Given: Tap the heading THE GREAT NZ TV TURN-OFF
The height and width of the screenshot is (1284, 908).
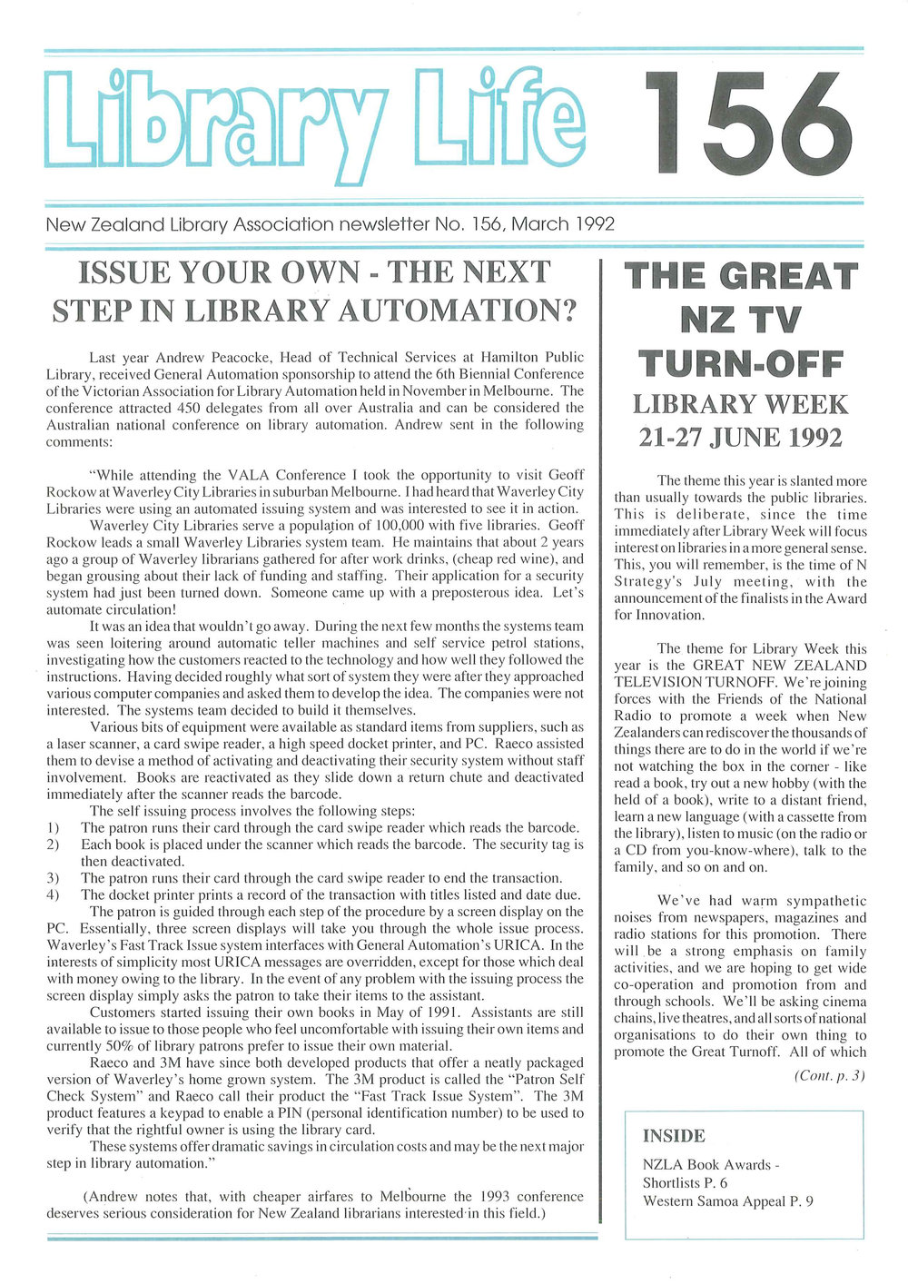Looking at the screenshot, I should (741, 320).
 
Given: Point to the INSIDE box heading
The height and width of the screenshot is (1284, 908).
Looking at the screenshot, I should (674, 1135).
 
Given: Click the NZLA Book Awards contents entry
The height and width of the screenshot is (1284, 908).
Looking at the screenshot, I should (711, 1164).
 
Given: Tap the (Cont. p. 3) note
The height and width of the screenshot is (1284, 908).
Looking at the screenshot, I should (830, 1075).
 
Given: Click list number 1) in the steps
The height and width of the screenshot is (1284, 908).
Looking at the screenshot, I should (53, 827).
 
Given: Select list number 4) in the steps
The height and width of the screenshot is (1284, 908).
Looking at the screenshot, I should (53, 894).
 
